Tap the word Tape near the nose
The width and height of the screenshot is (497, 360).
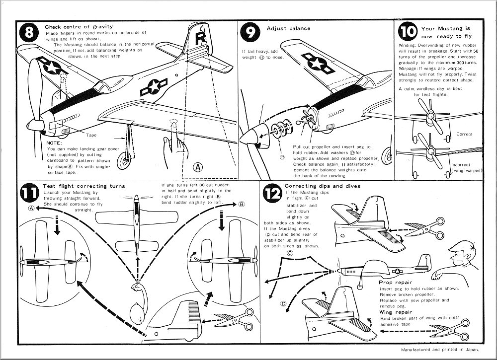(x=91, y=135)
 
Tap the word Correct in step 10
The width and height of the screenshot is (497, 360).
(x=464, y=134)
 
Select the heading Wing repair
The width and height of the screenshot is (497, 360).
(x=393, y=312)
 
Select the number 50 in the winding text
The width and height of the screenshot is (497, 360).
(x=475, y=51)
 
